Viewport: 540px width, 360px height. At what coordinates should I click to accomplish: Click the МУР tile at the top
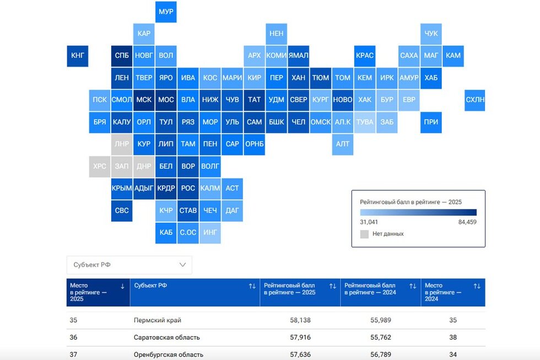(166, 12)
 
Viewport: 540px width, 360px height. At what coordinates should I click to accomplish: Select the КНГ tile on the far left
(77, 56)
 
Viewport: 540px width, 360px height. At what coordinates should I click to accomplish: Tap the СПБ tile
(122, 56)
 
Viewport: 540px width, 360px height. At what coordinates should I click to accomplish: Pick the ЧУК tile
(431, 34)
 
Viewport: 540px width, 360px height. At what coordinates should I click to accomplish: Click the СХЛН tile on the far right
(475, 100)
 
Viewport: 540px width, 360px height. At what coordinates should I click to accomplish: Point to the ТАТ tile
(254, 100)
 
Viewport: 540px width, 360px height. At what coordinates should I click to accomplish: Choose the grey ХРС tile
(100, 166)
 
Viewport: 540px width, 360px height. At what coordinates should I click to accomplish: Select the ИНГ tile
(210, 232)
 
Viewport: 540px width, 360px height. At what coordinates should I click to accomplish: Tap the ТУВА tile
(364, 122)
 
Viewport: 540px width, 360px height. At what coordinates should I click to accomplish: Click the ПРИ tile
(431, 122)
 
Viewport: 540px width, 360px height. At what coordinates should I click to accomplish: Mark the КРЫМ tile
(122, 188)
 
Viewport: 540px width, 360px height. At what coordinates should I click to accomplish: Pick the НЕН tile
(276, 34)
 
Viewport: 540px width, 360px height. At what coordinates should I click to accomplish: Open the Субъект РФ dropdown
(129, 265)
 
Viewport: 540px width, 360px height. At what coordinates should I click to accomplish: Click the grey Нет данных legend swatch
(364, 234)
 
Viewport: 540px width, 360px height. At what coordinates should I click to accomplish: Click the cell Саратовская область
(166, 337)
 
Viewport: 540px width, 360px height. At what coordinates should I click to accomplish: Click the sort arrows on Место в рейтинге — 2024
(477, 286)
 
